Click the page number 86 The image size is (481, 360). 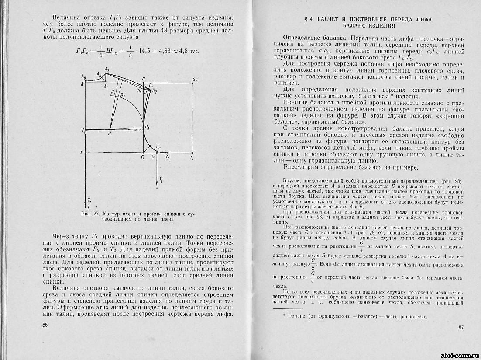click(x=45, y=325)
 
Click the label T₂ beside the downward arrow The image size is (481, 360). click(x=161, y=180)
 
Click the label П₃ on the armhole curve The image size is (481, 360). click(x=148, y=127)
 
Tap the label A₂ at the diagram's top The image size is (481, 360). click(x=107, y=70)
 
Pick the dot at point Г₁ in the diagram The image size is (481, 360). click(x=143, y=152)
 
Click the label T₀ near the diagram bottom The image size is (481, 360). click(x=89, y=199)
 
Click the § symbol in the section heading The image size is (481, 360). click(x=306, y=19)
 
